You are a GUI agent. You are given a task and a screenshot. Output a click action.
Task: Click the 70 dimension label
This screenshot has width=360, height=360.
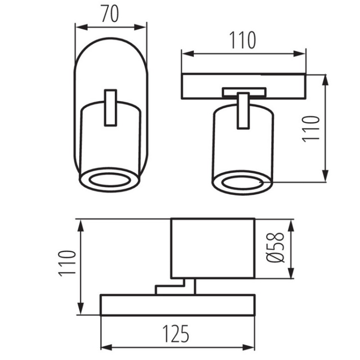pos(110,14)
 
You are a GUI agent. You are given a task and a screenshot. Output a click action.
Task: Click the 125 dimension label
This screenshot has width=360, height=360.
pos(176,334)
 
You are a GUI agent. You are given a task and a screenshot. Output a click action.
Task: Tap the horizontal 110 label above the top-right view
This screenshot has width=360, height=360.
pos(242,40)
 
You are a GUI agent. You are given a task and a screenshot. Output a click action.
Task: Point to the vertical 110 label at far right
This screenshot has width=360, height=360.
pos(311,129)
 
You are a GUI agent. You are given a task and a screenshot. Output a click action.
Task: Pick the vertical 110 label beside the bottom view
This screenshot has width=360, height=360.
pos(67,264)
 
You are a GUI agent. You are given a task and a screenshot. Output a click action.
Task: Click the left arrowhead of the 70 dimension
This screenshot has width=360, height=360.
pos(82,27)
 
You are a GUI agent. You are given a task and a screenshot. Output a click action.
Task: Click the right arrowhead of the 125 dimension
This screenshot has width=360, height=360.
pos(249,348)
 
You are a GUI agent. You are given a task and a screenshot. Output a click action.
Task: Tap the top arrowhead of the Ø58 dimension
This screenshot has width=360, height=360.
pos(291,226)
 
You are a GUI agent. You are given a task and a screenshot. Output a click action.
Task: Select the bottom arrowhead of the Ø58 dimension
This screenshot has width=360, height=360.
pos(291,273)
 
